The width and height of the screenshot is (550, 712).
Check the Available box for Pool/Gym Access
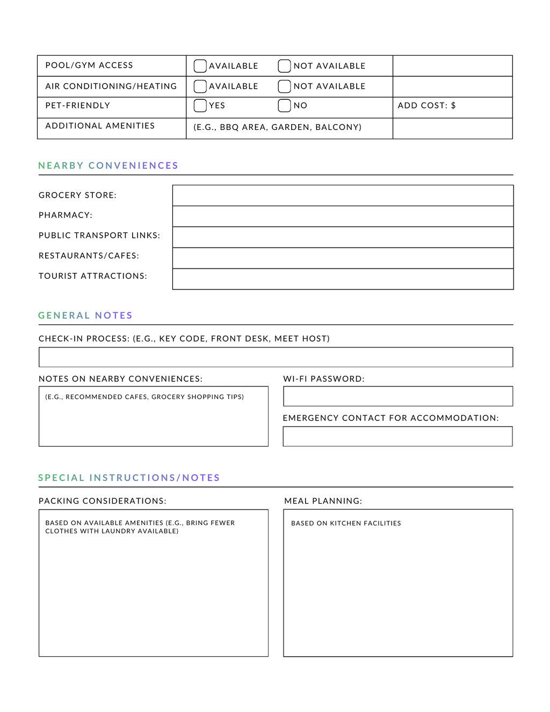click(200, 66)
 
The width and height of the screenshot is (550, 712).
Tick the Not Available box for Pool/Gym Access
click(284, 66)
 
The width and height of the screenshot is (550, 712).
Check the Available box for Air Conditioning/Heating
click(200, 86)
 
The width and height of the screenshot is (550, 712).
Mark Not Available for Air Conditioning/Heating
click(284, 86)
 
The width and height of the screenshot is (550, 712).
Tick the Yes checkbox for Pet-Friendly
click(200, 106)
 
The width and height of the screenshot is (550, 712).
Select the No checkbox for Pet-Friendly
click(284, 106)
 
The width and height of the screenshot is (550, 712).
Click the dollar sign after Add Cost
click(453, 106)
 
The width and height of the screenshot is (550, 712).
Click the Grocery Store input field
click(343, 195)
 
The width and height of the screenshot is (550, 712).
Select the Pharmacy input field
click(343, 216)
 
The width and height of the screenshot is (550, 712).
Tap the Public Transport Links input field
click(343, 237)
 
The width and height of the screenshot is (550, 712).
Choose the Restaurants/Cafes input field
click(343, 258)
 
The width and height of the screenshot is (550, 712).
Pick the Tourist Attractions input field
click(343, 279)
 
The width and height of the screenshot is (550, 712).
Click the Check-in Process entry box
click(276, 357)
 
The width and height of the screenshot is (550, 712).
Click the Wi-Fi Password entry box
click(397, 396)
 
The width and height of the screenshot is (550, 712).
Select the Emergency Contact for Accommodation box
click(397, 437)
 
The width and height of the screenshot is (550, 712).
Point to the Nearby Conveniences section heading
click(108, 166)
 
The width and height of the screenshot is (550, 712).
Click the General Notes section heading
click(85, 316)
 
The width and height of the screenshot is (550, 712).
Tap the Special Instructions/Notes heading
click(129, 478)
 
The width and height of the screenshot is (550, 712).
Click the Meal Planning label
click(323, 501)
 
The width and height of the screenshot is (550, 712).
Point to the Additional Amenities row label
click(100, 126)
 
